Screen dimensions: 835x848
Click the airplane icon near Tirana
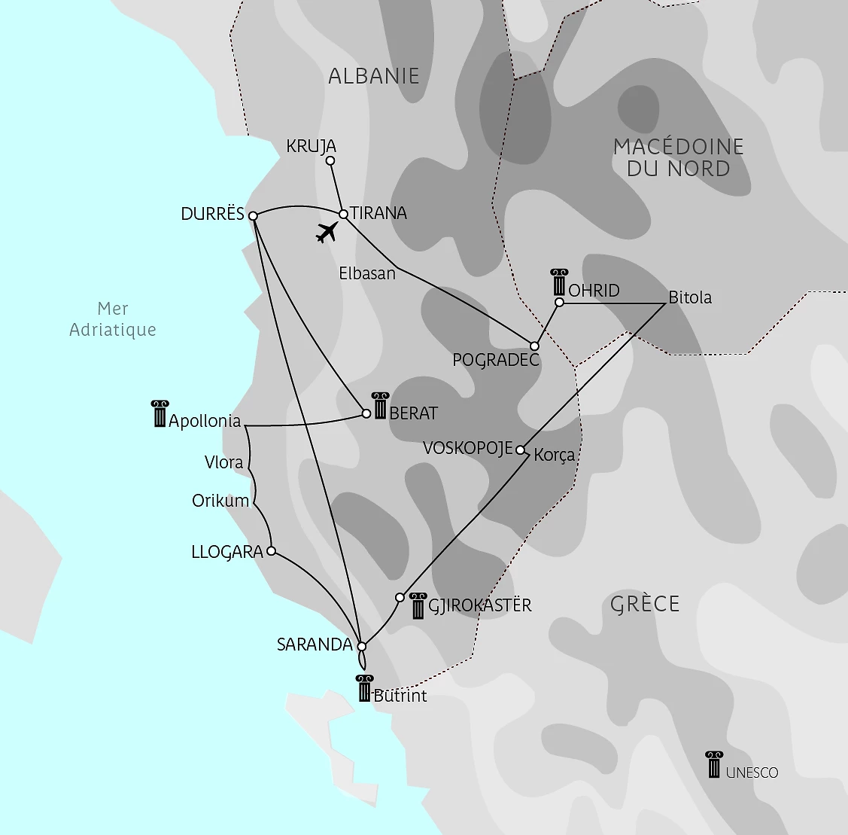point(326,233)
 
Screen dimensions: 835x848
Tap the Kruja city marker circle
point(330,160)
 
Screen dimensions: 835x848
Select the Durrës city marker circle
point(253,215)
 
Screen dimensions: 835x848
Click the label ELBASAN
point(367,273)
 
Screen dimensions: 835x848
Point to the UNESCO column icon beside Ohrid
point(558,282)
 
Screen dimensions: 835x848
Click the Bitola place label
point(690,297)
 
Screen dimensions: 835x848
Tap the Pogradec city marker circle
point(534,346)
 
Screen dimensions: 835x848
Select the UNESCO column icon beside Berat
point(380,406)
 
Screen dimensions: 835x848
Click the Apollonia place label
point(205,421)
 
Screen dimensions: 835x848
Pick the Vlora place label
point(224,462)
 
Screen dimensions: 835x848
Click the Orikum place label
point(220,501)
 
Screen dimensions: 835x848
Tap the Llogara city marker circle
point(272,550)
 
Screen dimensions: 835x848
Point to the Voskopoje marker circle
point(520,450)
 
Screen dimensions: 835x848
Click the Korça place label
point(555,455)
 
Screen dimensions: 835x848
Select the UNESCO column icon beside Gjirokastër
point(418,606)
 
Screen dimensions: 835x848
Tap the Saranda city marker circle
point(361,646)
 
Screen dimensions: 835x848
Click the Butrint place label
point(400,696)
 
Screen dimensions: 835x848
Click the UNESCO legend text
point(752,773)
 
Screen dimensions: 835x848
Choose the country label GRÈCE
point(645,604)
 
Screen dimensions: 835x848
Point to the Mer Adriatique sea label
point(113,319)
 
